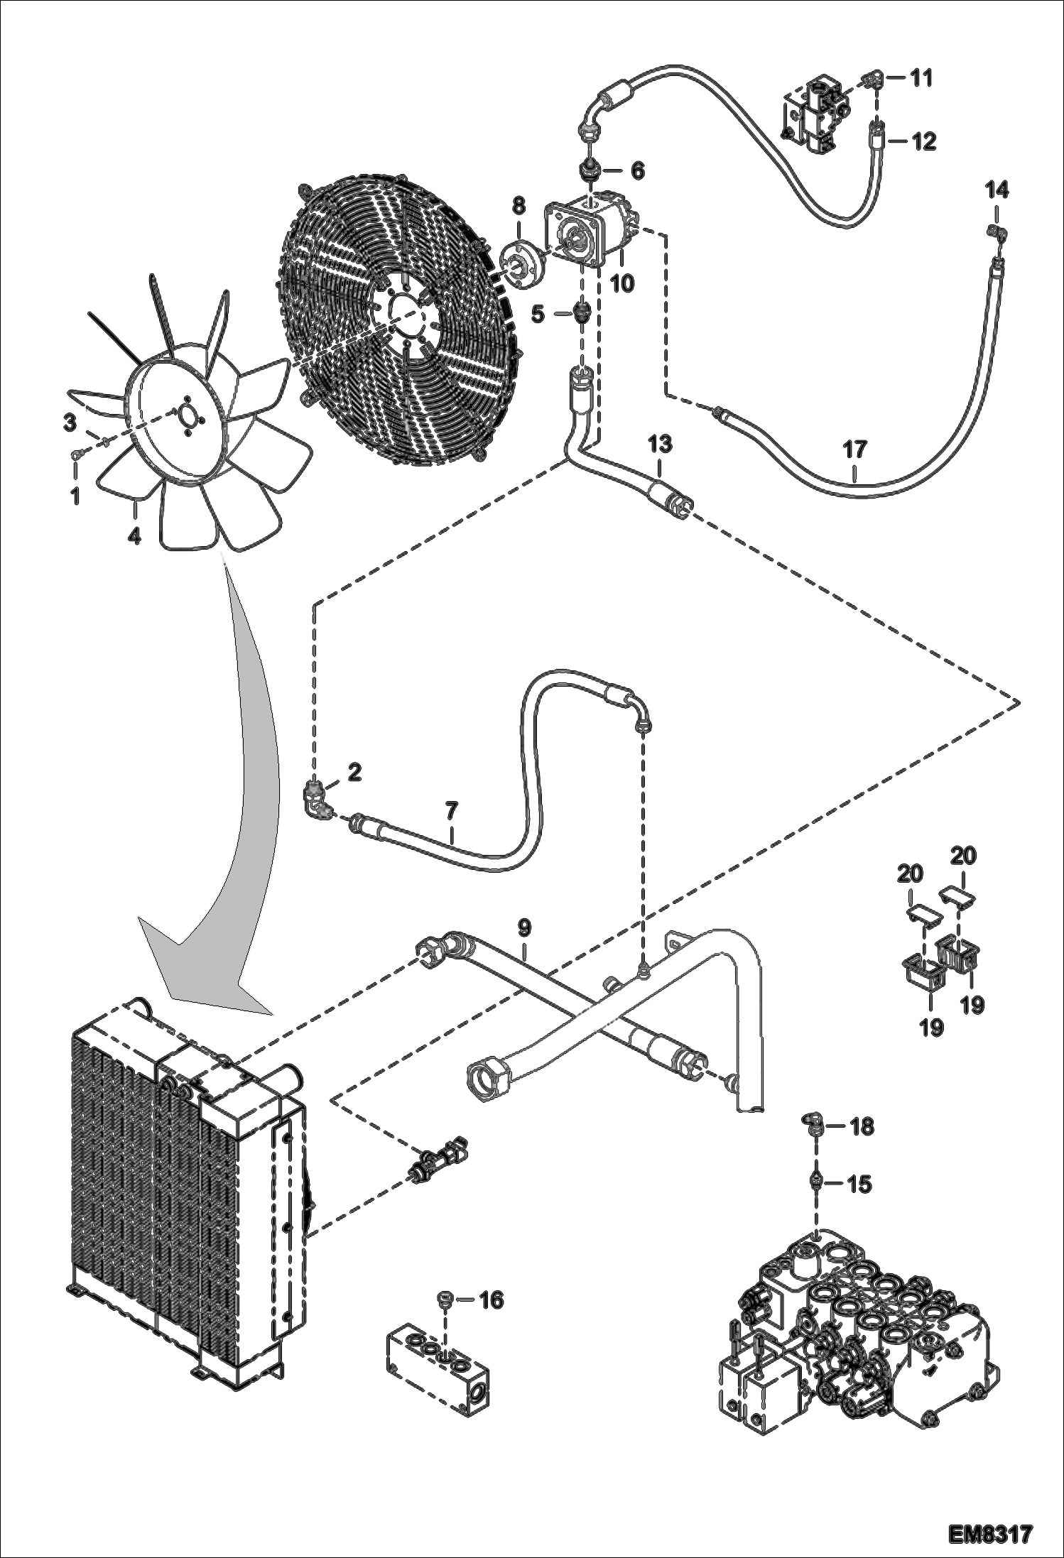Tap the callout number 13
(x=659, y=445)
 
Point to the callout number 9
(x=523, y=927)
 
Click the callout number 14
(x=997, y=190)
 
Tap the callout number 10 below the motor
(x=621, y=283)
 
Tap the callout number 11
(x=921, y=77)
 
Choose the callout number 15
(x=859, y=1184)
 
